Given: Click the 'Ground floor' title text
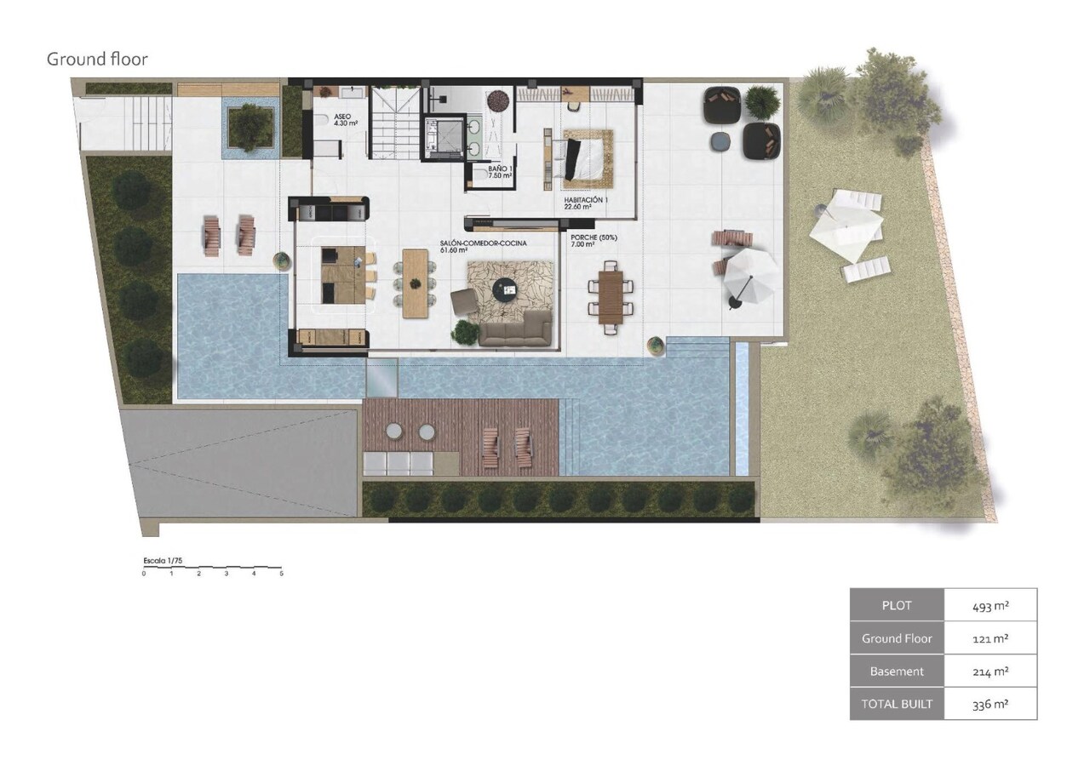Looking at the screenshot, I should [x=97, y=60].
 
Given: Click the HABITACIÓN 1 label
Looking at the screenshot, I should [x=586, y=202].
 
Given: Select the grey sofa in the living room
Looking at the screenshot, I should [x=514, y=329].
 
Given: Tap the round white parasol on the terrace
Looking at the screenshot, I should [x=750, y=274].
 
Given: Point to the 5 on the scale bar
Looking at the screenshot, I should [x=281, y=574].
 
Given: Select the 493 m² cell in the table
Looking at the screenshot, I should [x=990, y=606].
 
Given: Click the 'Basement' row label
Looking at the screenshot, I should [x=897, y=672].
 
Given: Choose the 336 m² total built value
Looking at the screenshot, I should [x=990, y=704].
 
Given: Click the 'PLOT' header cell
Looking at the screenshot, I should [x=897, y=606].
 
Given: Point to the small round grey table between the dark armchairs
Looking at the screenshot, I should [x=721, y=140].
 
